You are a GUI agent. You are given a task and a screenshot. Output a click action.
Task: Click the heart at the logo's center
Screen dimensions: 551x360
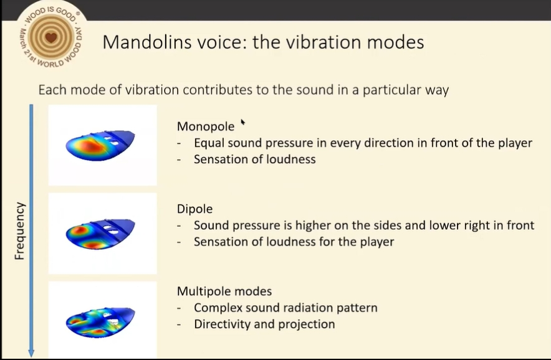tap(51, 37)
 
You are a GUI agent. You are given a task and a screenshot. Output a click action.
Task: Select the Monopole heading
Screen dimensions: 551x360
tap(206, 126)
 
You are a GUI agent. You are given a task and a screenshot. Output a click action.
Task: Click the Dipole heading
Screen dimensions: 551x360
tap(194, 209)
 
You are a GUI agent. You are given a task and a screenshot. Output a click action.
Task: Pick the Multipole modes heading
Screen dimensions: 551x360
tap(224, 291)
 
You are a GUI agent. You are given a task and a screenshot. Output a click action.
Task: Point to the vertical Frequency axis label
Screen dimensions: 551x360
tap(20, 230)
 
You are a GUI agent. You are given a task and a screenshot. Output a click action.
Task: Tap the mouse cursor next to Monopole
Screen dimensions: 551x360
tap(242, 122)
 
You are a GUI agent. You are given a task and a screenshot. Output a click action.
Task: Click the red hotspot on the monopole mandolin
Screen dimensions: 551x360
tap(90, 146)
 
